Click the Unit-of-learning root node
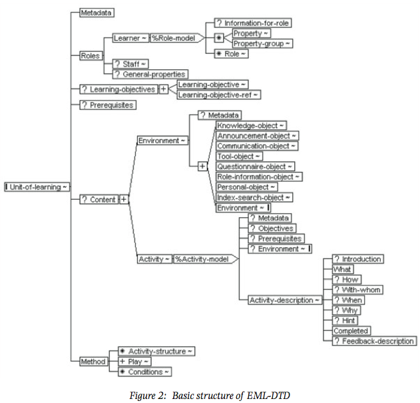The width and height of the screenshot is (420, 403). click(x=37, y=187)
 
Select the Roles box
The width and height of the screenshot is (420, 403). click(x=91, y=56)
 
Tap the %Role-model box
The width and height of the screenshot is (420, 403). click(x=177, y=38)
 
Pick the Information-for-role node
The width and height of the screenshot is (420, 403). click(x=253, y=23)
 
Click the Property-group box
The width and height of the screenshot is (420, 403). click(x=262, y=43)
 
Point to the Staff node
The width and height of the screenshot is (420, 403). click(x=130, y=64)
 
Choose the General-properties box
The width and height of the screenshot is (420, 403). click(x=150, y=74)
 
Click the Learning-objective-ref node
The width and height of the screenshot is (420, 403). click(x=218, y=95)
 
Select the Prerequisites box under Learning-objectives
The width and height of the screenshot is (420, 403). click(x=108, y=105)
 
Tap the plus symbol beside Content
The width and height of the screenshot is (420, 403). click(x=124, y=199)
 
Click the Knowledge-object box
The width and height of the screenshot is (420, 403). click(x=251, y=125)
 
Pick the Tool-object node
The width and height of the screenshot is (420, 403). click(x=239, y=156)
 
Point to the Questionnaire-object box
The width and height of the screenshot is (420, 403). click(x=256, y=167)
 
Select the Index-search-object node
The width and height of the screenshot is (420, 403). click(x=254, y=197)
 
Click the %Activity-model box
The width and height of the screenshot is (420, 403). click(x=206, y=259)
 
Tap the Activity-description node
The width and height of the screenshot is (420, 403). click(x=285, y=300)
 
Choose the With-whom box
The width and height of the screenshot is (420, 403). click(x=357, y=290)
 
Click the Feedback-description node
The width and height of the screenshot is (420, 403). click(x=375, y=341)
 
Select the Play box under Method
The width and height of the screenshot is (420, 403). click(x=134, y=362)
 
